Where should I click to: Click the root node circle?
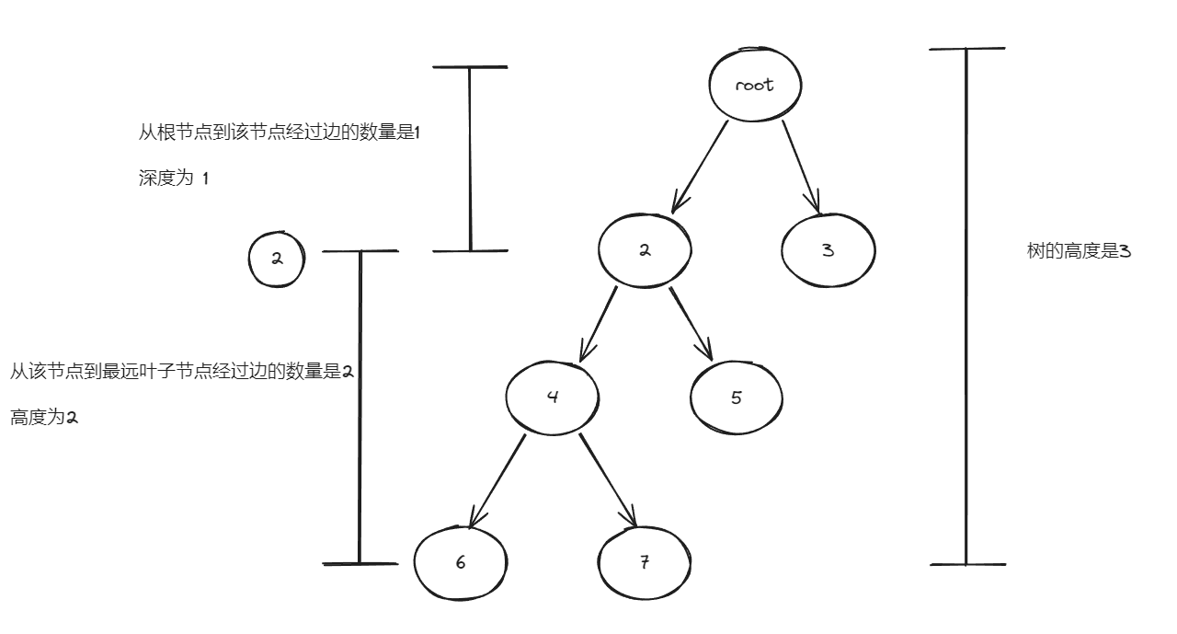755,85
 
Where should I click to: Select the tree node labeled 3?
828,250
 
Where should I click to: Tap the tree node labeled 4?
553,398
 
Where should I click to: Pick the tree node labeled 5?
737,398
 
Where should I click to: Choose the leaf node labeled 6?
460,563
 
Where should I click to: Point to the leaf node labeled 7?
644,563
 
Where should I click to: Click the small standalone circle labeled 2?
276,259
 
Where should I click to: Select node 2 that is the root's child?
645,250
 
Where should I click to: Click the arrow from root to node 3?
800,166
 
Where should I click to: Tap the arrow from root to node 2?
701,166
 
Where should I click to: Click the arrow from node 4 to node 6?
497,480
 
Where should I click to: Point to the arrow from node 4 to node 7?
608,480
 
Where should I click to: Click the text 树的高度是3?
1078,251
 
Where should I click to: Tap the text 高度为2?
44,418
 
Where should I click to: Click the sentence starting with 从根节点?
279,133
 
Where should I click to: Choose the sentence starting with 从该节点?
182,372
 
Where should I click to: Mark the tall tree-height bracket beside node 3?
966,305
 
